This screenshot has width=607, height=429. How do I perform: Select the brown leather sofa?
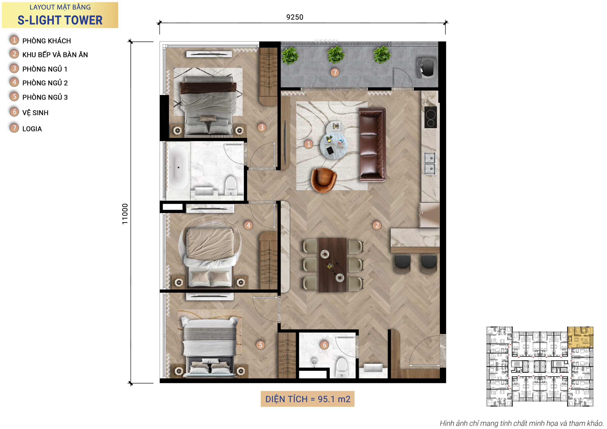(372, 145)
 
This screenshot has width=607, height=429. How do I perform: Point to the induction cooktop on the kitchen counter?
(430, 117)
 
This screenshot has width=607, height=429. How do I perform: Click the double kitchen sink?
(430, 163)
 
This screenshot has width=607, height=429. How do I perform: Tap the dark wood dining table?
(332, 265)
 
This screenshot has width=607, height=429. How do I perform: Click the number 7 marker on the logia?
(335, 72)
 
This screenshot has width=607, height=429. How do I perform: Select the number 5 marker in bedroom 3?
(260, 345)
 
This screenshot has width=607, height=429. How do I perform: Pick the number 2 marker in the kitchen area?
(377, 225)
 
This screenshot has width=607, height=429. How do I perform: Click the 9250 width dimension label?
(295, 17)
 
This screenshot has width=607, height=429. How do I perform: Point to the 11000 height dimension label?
(125, 214)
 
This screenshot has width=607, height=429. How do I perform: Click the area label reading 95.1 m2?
(308, 399)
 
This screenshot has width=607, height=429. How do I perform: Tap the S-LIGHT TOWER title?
(60, 20)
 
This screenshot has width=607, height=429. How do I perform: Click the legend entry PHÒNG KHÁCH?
(46, 41)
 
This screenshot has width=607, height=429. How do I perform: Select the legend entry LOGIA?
(32, 129)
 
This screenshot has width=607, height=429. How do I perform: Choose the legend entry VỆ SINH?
(35, 113)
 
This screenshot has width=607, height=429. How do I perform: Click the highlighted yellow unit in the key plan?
(580, 337)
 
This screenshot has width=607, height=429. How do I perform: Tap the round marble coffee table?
(334, 145)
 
